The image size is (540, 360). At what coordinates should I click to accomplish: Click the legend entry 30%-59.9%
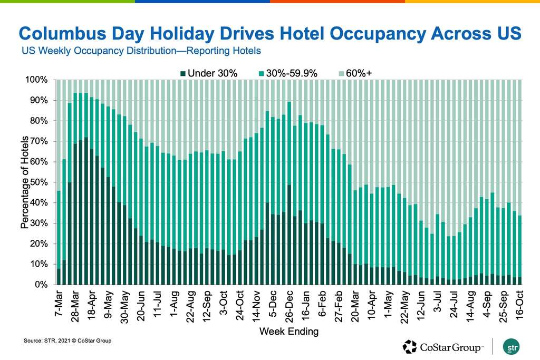tap(293, 73)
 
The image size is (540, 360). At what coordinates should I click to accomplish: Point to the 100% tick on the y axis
tap(37, 80)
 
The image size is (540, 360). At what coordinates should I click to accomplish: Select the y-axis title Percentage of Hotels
tap(24, 182)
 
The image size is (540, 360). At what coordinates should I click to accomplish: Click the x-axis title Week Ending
tap(288, 332)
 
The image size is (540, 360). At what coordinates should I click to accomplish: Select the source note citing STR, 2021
tap(67, 342)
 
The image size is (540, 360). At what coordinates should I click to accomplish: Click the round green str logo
tap(511, 347)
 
